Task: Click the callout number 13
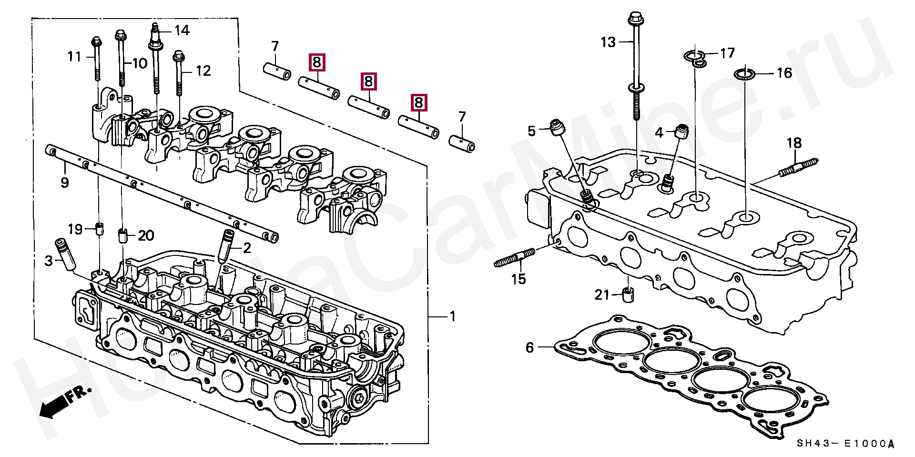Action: [x=608, y=42]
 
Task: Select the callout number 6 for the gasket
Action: [x=530, y=347]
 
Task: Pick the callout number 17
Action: [x=727, y=52]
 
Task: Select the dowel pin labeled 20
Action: [x=122, y=236]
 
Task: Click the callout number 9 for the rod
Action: [x=65, y=183]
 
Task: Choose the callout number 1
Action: [x=453, y=316]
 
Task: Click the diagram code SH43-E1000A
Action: [x=845, y=444]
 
